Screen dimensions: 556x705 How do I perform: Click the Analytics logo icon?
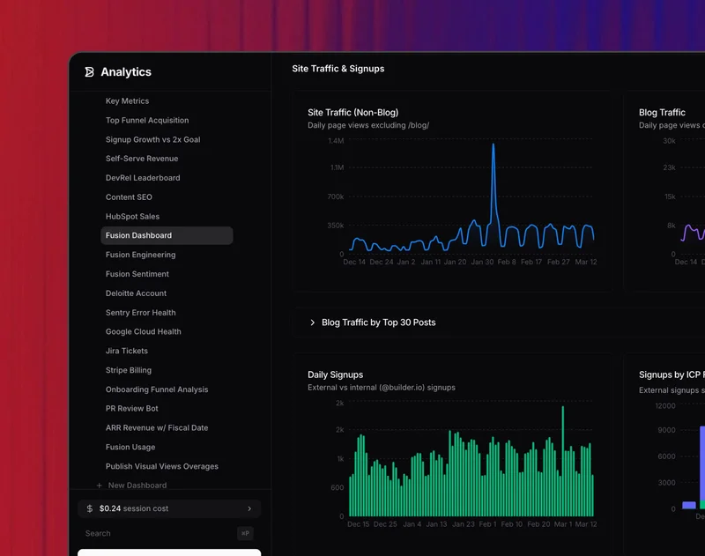pos(89,72)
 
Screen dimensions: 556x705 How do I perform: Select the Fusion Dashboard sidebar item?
pos(138,235)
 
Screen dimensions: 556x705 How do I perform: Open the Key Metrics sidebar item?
pos(127,101)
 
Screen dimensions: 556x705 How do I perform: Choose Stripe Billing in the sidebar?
pos(129,370)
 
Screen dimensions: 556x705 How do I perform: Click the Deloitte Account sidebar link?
pos(136,293)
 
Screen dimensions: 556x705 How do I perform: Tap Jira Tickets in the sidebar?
pos(127,351)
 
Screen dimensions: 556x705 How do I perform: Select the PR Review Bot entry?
pos(132,409)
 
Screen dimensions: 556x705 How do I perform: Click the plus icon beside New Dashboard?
pos(100,486)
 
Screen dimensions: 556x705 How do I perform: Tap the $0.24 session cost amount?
pos(109,508)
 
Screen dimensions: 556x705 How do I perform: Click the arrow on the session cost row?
pos(249,508)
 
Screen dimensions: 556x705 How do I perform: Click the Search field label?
pos(98,533)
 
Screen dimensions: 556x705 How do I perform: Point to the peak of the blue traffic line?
pos(493,145)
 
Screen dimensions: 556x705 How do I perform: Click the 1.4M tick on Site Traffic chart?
pos(335,141)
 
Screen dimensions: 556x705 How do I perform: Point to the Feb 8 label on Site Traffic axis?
pos(506,262)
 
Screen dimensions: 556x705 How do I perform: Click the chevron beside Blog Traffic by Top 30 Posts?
pos(313,322)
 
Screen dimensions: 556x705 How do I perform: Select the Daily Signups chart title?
pos(335,374)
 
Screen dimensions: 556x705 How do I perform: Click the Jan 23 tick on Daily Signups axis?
pos(464,524)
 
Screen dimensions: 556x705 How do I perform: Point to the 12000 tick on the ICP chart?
pos(664,406)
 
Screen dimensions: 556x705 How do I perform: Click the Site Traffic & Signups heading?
pos(338,69)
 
